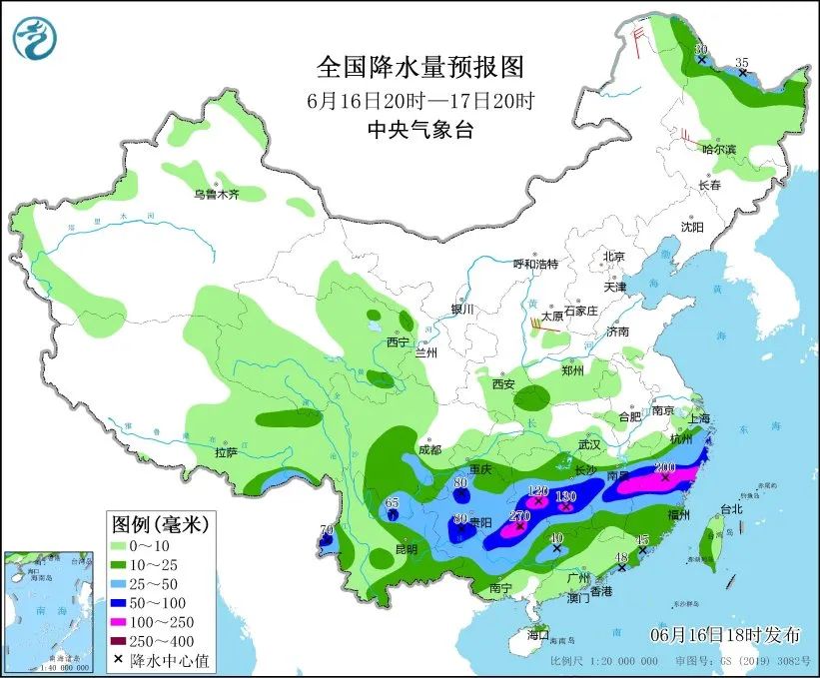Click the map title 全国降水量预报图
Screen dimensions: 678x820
[x=419, y=67]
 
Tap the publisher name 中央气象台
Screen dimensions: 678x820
[x=419, y=128]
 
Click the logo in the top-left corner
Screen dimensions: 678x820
[x=35, y=36]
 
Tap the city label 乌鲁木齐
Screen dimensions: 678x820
[x=217, y=194]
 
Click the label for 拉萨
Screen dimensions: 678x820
[x=226, y=452]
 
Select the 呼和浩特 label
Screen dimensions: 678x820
[x=535, y=264]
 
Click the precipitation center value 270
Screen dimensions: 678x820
[x=519, y=516]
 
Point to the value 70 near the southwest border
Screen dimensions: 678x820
[x=326, y=530]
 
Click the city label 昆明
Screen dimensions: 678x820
[x=407, y=549]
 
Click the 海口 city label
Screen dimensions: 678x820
[x=539, y=635]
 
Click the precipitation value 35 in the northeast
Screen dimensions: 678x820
[x=741, y=63]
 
